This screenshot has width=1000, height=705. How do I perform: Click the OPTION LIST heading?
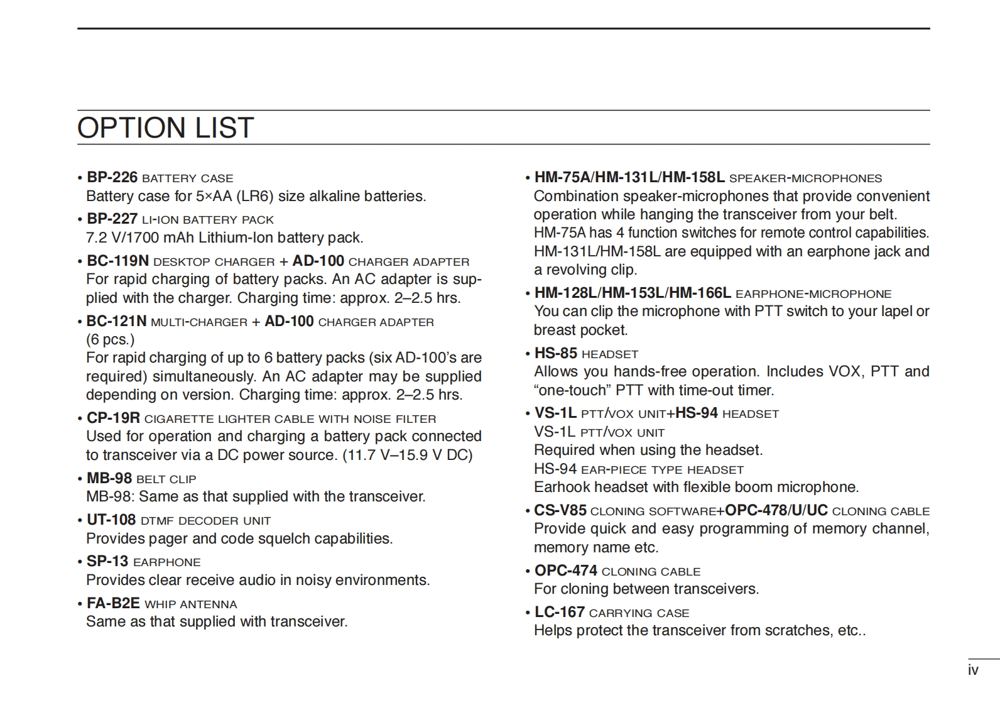coord(165,128)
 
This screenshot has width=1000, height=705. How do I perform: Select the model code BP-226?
coord(112,177)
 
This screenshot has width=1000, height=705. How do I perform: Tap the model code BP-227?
coord(112,219)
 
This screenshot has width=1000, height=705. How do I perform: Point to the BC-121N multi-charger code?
coord(116,321)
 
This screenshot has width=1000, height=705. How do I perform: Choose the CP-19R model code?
coord(113,418)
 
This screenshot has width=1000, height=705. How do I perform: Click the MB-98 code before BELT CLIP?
coord(109,478)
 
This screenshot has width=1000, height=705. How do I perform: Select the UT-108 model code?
coord(111,520)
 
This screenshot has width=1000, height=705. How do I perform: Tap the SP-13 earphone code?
coord(107,561)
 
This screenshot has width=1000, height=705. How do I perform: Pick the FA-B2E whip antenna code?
coord(113,603)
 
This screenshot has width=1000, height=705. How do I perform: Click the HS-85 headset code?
coord(555,353)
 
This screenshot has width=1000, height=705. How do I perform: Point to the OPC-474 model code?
coord(565,571)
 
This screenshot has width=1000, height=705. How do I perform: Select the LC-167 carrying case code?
coord(559,612)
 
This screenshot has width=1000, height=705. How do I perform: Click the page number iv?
coord(973,670)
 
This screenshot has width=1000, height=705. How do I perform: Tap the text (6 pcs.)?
coord(111,340)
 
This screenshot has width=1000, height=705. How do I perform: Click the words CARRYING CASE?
coord(639,613)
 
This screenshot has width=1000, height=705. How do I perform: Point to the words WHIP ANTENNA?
coord(191,604)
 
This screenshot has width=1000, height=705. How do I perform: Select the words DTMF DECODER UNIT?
coord(206,521)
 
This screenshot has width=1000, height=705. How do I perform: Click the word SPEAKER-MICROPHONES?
coord(806,178)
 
